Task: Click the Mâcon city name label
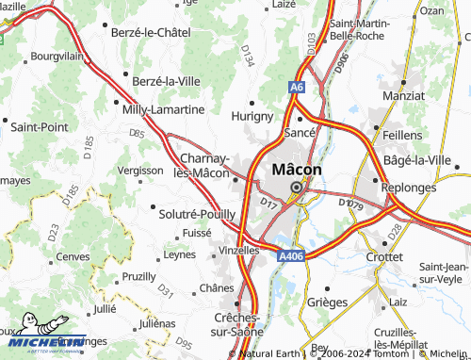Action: coord(296,170)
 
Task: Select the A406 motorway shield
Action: coord(290,254)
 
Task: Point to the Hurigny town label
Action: coord(252,116)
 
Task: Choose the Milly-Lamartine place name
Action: coord(163,109)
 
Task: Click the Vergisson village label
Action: coord(141,170)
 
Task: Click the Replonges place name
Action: coord(409,188)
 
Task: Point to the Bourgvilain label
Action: coord(58,57)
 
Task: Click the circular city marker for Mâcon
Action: coord(296,187)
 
